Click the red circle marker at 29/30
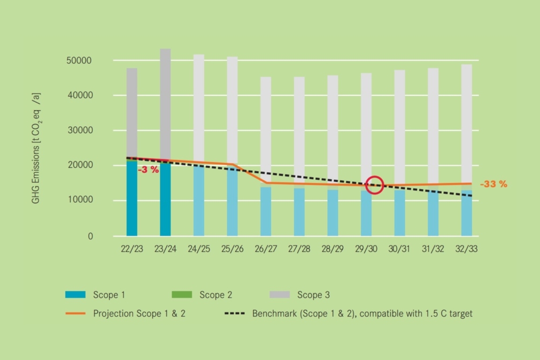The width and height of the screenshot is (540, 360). point(375,185)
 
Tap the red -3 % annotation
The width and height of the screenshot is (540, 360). point(149,170)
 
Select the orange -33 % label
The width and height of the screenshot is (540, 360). point(493,184)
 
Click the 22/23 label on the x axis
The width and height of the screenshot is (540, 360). point(132,249)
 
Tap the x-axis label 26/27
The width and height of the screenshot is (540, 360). point(266,249)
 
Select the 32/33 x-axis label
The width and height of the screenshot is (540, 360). point(466,249)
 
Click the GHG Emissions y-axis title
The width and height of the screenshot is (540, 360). point(36,147)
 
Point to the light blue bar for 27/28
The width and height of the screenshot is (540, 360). point(299,212)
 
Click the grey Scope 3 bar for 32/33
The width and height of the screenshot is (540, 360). point(466,123)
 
